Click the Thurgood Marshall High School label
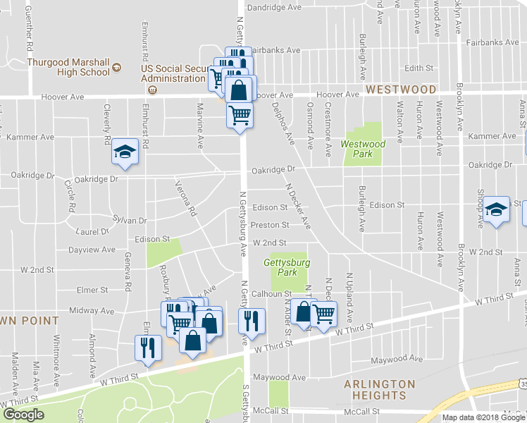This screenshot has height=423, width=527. pos(68,66)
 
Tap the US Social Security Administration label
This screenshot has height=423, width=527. pos(175,73)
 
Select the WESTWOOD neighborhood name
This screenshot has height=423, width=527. pos(401,90)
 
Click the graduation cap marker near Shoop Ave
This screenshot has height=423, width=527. pos(497,209)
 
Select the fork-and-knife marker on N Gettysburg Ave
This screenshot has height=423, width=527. pos(252,321)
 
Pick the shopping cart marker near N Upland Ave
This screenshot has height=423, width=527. pos(323,314)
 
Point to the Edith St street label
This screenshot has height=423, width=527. pos(418,68)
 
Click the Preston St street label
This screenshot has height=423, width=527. pos(271,226)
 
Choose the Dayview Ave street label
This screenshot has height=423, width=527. pos(92,250)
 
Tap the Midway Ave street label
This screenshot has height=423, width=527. pos(87,310)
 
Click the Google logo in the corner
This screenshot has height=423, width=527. pos(24,415)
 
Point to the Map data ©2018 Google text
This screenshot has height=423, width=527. pos(483,417)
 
